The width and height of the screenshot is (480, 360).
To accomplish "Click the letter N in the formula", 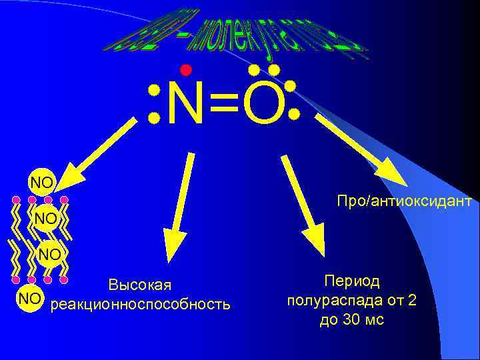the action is pyautogui.click(x=186, y=105).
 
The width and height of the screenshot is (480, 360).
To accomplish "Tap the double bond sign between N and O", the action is pyautogui.click(x=224, y=105).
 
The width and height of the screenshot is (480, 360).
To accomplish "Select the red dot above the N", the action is pyautogui.click(x=185, y=70).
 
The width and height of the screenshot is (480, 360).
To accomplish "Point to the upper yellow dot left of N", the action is pyautogui.click(x=154, y=90).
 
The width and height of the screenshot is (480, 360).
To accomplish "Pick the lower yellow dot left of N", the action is pyautogui.click(x=154, y=117).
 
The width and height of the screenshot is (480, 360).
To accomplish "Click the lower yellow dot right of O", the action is pyautogui.click(x=294, y=114).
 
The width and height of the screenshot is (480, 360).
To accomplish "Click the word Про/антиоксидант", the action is pyautogui.click(x=404, y=200).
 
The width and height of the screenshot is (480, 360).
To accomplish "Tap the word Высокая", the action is pyautogui.click(x=140, y=285).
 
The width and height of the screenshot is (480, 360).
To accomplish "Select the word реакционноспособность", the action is pyautogui.click(x=141, y=305).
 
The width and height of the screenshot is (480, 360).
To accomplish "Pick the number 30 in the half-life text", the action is pyautogui.click(x=350, y=320).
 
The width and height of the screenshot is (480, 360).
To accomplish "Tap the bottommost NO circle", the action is pyautogui.click(x=29, y=299).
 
